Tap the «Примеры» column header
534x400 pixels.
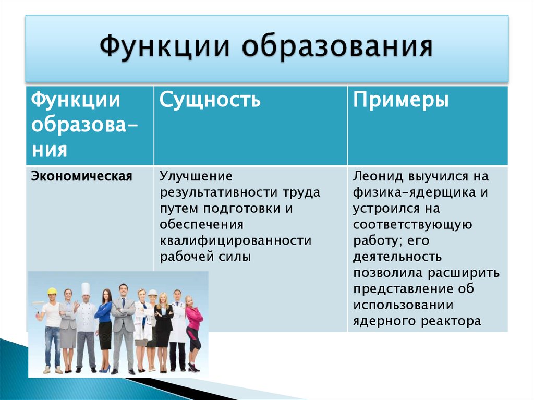(400, 99)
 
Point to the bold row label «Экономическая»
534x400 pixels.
(81, 176)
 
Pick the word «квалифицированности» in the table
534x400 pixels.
(235, 240)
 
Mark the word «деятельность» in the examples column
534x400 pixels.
(397, 257)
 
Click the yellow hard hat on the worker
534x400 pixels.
(52, 291)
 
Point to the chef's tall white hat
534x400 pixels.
(86, 288)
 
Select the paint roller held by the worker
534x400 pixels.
(38, 304)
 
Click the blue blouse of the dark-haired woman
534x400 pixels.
(104, 312)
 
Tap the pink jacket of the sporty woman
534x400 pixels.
(194, 316)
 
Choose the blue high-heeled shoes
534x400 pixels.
(105, 369)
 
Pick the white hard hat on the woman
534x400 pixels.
(152, 293)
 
